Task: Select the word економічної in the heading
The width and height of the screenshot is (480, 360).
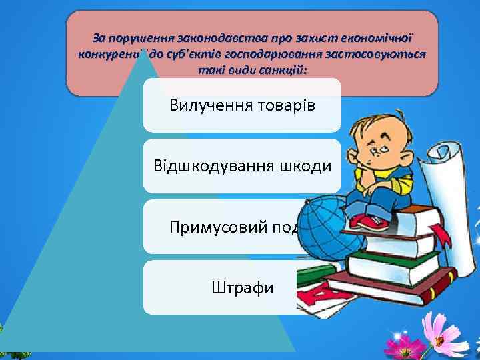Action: (x=379, y=39)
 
